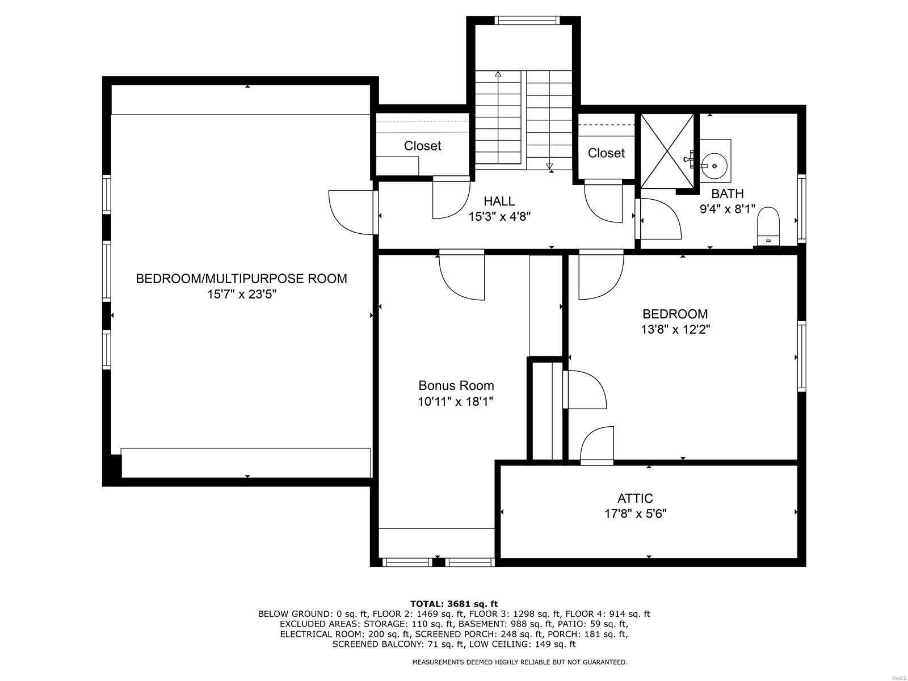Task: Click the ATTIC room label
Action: point(635,498)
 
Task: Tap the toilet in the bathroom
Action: point(769,224)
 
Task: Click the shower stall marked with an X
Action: point(667,150)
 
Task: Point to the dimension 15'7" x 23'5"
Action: point(241,295)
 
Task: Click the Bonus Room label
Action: point(456,385)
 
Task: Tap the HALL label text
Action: point(499,201)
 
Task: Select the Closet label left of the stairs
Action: point(422,146)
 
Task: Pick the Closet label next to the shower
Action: point(606,153)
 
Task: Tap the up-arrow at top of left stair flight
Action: point(498,74)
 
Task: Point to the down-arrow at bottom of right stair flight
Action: point(549,166)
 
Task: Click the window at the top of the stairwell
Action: point(526,20)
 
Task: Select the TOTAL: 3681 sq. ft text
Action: point(454,604)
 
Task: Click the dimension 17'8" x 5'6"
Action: point(635,514)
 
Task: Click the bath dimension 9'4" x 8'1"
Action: point(727,209)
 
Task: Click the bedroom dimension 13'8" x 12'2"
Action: point(675,329)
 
